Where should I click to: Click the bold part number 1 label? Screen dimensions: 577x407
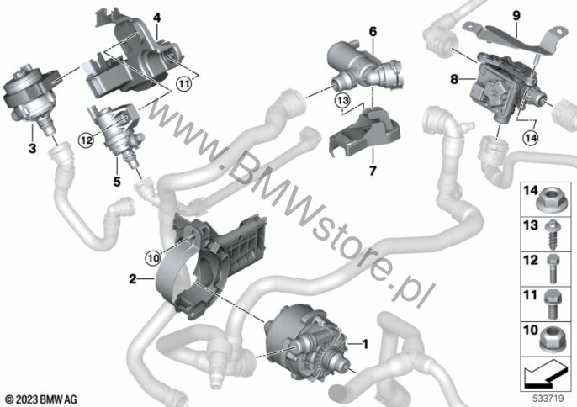[x=365, y=344]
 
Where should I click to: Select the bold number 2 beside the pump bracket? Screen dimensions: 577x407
[x=133, y=279]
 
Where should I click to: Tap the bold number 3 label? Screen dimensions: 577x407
[x=32, y=148]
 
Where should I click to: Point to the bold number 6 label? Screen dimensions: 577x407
[x=373, y=32]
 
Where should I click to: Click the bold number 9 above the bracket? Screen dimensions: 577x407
[x=516, y=15]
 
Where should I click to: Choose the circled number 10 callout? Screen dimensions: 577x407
[x=153, y=258]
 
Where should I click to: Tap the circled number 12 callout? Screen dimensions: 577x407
[x=86, y=140]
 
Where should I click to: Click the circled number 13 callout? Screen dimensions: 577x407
[x=342, y=100]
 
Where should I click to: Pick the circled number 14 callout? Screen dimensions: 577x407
[x=530, y=138]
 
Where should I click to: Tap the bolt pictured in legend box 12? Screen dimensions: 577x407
[x=553, y=269]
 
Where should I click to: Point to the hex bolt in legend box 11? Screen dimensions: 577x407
[x=552, y=304]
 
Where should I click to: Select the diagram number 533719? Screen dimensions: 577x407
[x=548, y=398]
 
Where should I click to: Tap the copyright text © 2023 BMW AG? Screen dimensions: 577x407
[x=41, y=399]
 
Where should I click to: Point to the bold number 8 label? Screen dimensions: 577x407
[x=454, y=79]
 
